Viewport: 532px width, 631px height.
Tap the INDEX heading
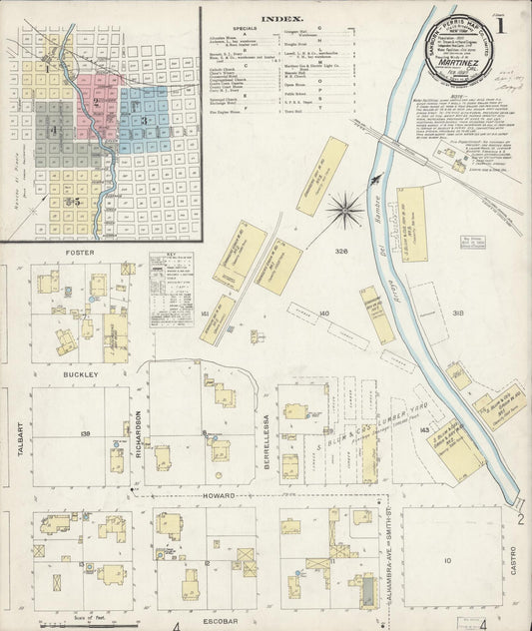(276, 19)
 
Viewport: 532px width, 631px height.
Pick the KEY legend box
(171, 290)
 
